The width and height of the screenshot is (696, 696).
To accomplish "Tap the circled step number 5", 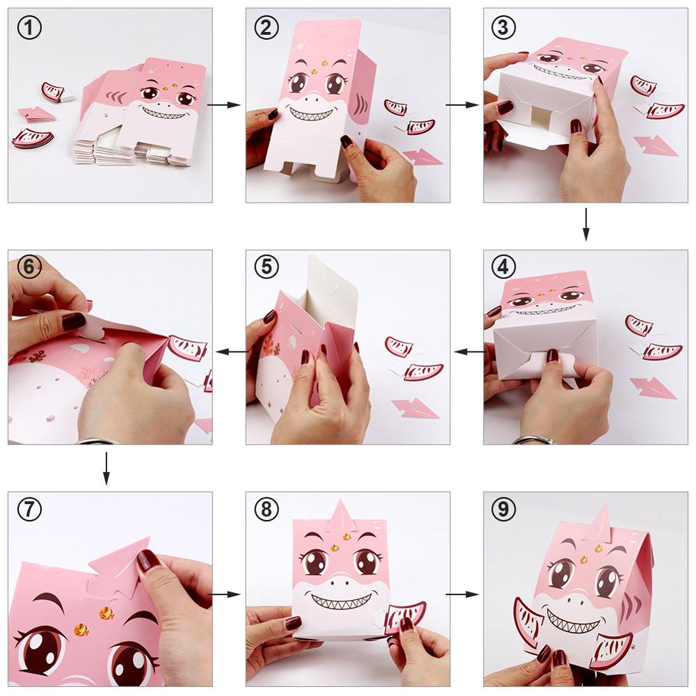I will [267, 267].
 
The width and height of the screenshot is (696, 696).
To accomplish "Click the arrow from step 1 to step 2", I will [223, 105].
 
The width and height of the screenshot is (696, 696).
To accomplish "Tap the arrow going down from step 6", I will [106, 468].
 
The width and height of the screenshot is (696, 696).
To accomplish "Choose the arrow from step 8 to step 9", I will [462, 594].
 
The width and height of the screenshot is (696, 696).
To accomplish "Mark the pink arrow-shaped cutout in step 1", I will [35, 113].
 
